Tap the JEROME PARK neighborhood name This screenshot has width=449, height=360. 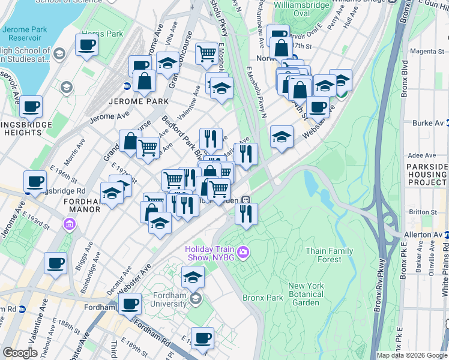[x=138, y=101]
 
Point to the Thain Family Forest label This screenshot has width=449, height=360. [x=324, y=255]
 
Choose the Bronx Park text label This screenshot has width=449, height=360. [x=262, y=298]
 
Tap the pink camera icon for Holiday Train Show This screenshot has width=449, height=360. [x=243, y=251]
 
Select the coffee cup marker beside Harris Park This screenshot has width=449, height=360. [x=87, y=46]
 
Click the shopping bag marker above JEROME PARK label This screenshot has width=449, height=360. [x=145, y=81]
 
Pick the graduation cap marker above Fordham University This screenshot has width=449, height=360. [x=193, y=278]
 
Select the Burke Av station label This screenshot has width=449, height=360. [x=427, y=123]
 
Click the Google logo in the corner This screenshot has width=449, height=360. [x=20, y=353]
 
